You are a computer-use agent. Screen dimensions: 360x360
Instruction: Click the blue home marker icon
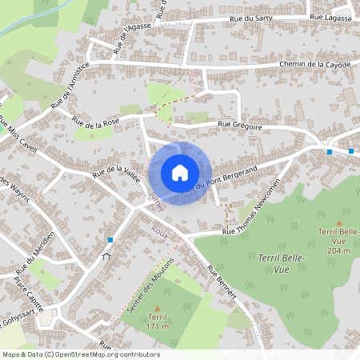pyautogui.click(x=180, y=173)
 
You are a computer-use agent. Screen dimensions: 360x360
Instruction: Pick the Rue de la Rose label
pyautogui.click(x=95, y=121)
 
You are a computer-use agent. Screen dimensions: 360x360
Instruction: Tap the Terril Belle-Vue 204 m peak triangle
pyautogui.click(x=338, y=223)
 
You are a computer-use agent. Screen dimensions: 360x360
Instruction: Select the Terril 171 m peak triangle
pyautogui.click(x=157, y=308)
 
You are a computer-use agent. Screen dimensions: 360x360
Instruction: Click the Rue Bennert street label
pyautogui.click(x=222, y=285)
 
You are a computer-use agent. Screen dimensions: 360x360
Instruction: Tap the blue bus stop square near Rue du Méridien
pyautogui.click(x=110, y=240)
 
